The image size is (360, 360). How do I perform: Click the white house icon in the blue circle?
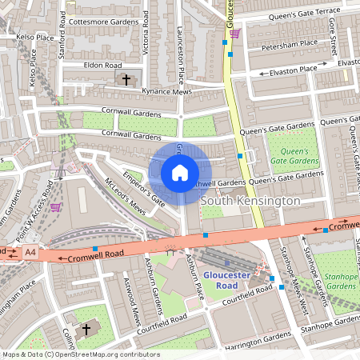[180, 172]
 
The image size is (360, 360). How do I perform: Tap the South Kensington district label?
[250, 200]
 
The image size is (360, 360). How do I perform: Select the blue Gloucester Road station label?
[226, 275]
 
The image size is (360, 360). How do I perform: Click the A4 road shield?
[30, 253]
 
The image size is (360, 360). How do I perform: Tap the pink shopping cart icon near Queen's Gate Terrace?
[234, 33]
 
